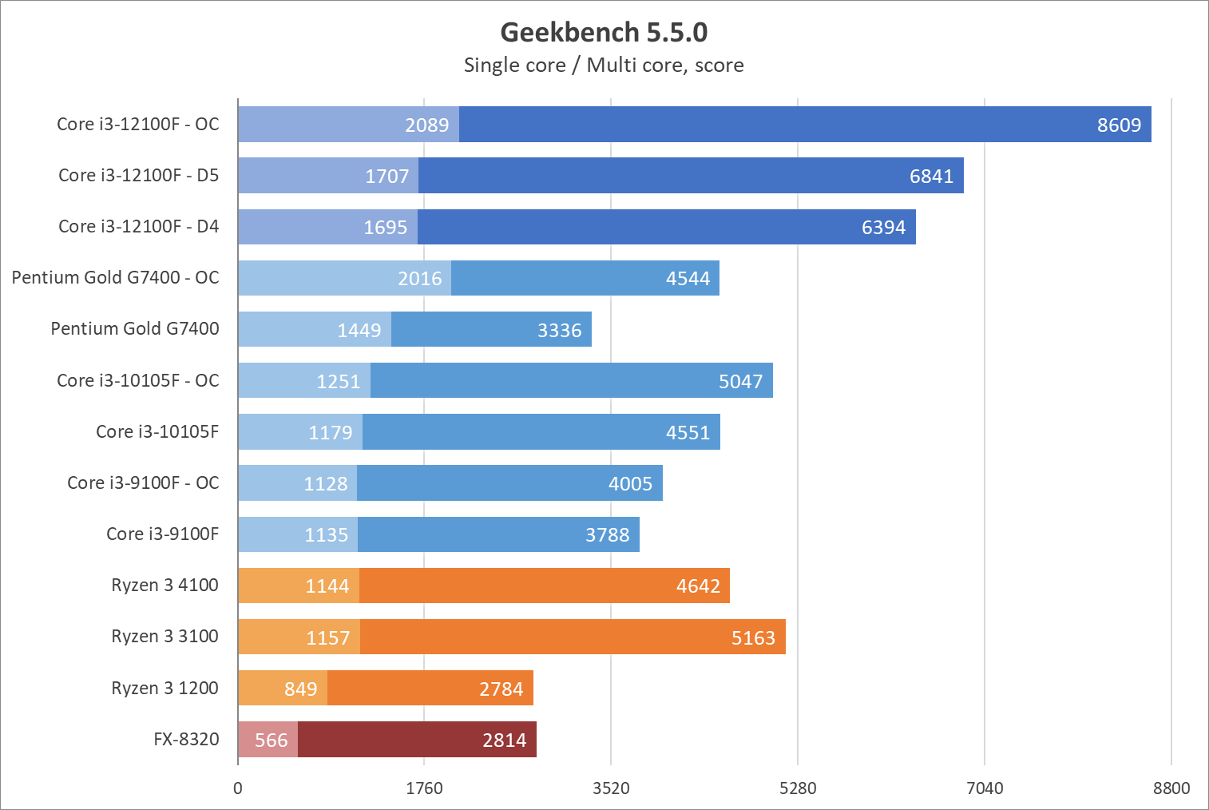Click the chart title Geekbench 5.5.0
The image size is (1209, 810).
[x=604, y=32]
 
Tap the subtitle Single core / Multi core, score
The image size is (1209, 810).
[x=604, y=66]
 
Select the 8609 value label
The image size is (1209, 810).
[x=1119, y=125]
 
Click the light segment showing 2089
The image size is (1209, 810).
[x=349, y=125]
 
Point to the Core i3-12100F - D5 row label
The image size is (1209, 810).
[x=138, y=175]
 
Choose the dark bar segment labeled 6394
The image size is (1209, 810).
[x=666, y=227]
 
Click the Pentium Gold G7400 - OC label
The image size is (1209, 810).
[x=115, y=277]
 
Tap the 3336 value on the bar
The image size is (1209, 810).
[x=559, y=330]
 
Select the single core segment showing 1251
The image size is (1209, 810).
[x=304, y=380]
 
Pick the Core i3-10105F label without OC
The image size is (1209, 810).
[x=157, y=431]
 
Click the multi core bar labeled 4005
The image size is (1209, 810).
[x=509, y=483]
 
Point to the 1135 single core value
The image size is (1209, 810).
[x=326, y=534]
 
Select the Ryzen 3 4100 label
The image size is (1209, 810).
[x=165, y=585]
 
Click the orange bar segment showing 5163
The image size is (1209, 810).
[x=573, y=637]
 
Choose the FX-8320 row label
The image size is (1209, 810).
[x=186, y=739]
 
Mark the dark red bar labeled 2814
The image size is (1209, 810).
[x=417, y=740]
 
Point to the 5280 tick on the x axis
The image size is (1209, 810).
[x=798, y=788]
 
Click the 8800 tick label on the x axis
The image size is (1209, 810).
[x=1171, y=788]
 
